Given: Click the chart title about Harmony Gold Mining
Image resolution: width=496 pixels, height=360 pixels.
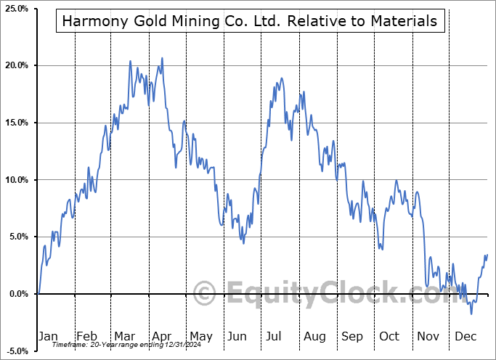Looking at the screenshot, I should pyautogui.click(x=250, y=21).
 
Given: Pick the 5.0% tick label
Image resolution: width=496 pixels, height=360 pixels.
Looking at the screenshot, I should pyautogui.click(x=17, y=237).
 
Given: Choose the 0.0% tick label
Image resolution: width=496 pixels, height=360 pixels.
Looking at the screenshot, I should pyautogui.click(x=17, y=294).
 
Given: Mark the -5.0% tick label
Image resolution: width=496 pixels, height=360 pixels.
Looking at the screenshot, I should pyautogui.click(x=16, y=351).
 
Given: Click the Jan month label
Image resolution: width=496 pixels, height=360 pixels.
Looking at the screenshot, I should pyautogui.click(x=48, y=336).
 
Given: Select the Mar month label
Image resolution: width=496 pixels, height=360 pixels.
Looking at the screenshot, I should pyautogui.click(x=125, y=336).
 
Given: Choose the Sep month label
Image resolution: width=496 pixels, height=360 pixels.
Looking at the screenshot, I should pyautogui.click(x=352, y=336).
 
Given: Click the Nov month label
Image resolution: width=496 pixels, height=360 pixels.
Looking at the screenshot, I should pyautogui.click(x=428, y=336).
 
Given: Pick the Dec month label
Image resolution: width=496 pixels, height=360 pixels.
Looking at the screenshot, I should pyautogui.click(x=466, y=336).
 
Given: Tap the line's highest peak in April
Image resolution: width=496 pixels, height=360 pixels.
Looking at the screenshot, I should pyautogui.click(x=162, y=58).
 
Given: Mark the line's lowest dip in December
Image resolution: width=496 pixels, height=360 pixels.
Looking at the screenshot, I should pyautogui.click(x=471, y=314).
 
